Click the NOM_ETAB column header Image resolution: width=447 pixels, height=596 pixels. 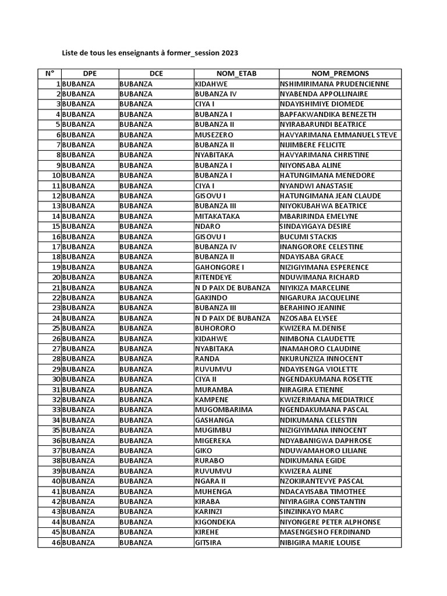pyautogui.click(x=236, y=73)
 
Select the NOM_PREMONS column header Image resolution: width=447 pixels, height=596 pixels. pyautogui.click(x=340, y=73)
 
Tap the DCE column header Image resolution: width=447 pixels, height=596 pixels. pyautogui.click(x=156, y=73)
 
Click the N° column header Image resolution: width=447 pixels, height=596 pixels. pyautogui.click(x=49, y=73)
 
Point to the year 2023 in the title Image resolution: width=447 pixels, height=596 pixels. pyautogui.click(x=229, y=53)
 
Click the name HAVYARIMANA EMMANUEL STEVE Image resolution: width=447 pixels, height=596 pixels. pyautogui.click(x=338, y=134)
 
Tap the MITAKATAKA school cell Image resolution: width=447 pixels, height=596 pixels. pyautogui.click(x=217, y=216)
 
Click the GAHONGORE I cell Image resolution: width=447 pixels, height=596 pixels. pyautogui.click(x=219, y=267)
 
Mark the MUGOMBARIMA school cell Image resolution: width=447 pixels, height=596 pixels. pyautogui.click(x=223, y=410)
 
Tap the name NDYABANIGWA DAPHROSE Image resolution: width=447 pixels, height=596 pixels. pyautogui.click(x=325, y=440)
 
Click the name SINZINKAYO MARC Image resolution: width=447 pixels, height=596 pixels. pyautogui.click(x=313, y=512)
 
